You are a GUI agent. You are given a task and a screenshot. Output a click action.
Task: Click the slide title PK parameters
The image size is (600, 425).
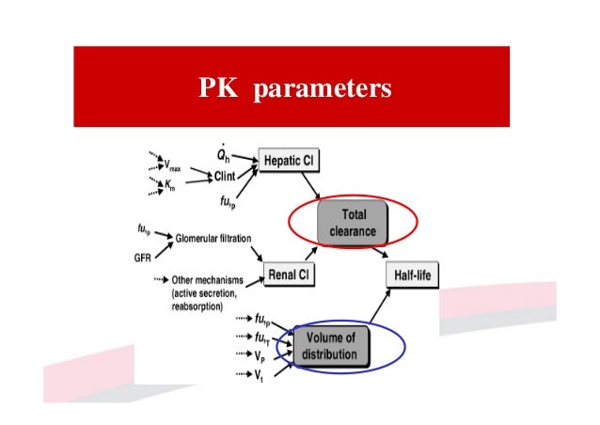tap(295, 88)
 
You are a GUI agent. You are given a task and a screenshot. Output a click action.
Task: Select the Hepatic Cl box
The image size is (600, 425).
tap(290, 162)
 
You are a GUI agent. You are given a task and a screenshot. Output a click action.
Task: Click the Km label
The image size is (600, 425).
tap(169, 186)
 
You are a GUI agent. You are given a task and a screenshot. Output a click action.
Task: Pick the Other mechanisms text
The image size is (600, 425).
tap(209, 279)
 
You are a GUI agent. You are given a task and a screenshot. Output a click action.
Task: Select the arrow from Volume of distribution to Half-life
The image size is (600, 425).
tap(384, 307)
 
